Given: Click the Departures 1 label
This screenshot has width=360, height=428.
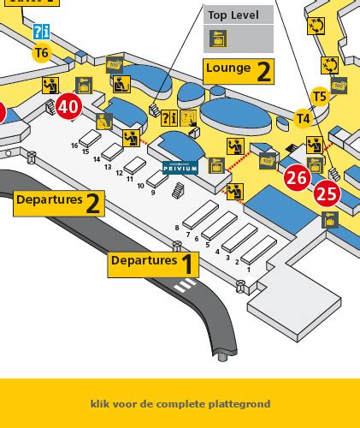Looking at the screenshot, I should click(x=153, y=263).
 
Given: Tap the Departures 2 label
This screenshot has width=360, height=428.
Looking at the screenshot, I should click(x=59, y=202).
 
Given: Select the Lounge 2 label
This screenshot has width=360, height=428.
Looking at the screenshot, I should click(x=239, y=70).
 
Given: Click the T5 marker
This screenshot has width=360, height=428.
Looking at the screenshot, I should click(x=320, y=97).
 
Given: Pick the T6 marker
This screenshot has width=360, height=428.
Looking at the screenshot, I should click(x=41, y=53).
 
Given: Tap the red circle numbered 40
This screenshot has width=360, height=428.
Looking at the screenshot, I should click(x=69, y=107).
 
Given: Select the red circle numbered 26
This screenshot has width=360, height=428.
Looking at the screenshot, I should click(x=297, y=178).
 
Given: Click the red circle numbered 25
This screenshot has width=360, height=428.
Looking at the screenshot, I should click(x=327, y=193).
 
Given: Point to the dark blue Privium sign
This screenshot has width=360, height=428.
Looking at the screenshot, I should click(x=180, y=169).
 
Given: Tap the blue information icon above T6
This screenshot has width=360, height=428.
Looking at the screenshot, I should click(x=41, y=33).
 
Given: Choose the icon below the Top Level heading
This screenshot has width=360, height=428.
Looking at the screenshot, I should click(x=218, y=39).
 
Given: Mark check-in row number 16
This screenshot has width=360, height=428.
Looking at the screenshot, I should click(x=74, y=146).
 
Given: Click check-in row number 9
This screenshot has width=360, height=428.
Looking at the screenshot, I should click(x=151, y=193).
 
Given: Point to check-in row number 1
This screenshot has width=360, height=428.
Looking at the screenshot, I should click(x=248, y=269).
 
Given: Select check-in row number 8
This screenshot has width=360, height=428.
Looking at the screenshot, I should click(x=177, y=227).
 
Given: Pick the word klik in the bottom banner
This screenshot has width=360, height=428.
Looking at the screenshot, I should click(x=99, y=403).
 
